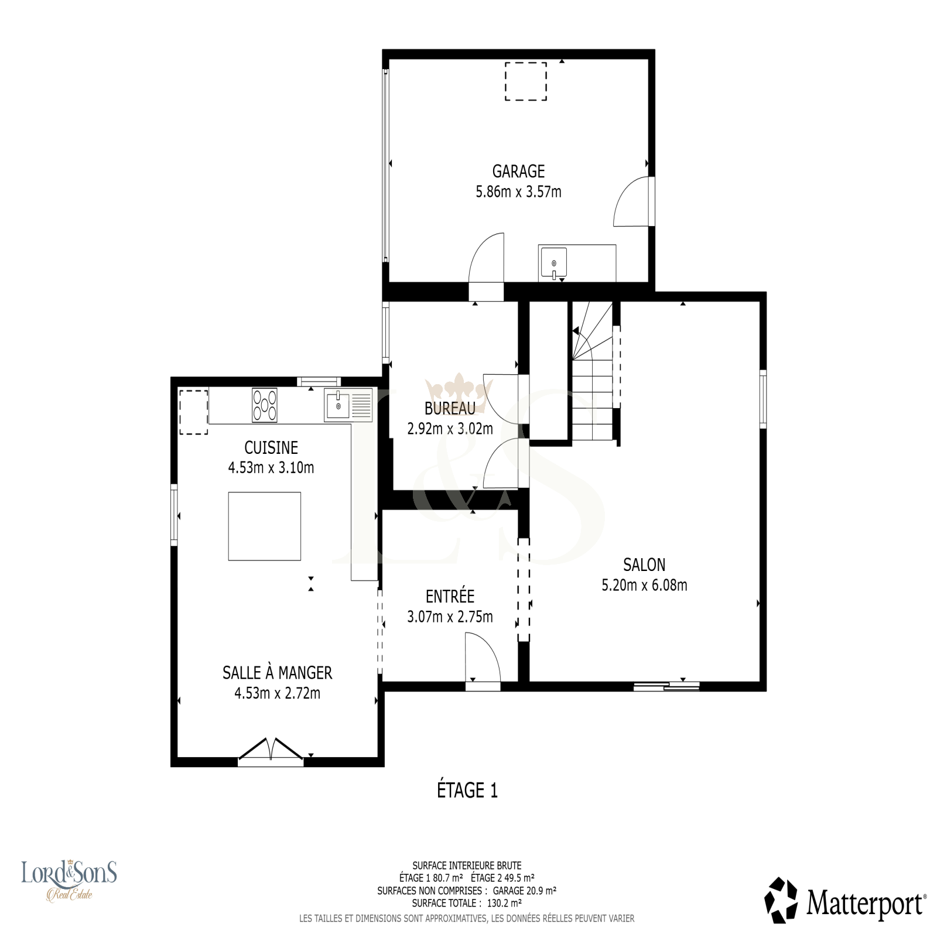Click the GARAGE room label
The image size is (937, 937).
(x=518, y=171)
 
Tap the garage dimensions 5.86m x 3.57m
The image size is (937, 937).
(x=518, y=191)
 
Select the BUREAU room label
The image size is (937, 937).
(x=450, y=409)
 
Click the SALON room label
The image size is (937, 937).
(x=644, y=565)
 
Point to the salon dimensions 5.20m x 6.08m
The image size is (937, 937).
(x=644, y=584)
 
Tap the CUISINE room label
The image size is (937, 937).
(x=271, y=447)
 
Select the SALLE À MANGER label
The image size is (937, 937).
(x=277, y=672)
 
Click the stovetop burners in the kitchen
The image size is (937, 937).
(x=265, y=405)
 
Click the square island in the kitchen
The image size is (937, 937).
(x=265, y=526)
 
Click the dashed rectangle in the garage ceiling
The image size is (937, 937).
(x=526, y=81)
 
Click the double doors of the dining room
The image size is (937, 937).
(x=271, y=751)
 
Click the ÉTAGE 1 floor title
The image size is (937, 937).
(x=467, y=790)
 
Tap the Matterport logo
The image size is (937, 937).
(x=846, y=900)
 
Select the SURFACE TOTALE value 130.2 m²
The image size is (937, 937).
(x=504, y=903)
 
